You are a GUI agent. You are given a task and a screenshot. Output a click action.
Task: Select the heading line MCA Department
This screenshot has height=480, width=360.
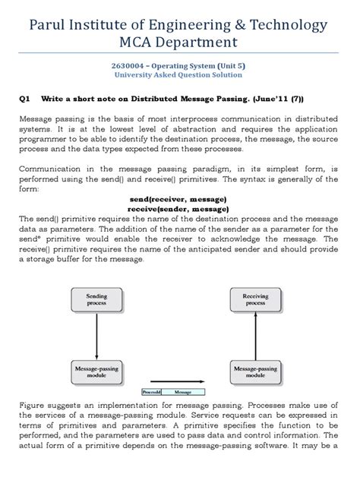[179, 43]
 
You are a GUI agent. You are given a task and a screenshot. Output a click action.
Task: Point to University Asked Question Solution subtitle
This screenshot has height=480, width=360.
[179, 76]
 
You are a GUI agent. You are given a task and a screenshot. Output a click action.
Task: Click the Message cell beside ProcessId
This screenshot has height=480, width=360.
[182, 393]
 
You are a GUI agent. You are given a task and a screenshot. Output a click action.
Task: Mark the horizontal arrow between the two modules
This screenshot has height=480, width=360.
[179, 384]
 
